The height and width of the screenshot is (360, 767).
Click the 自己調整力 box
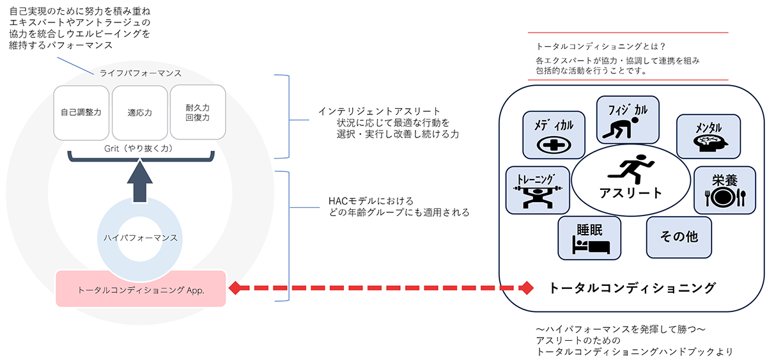(81, 113)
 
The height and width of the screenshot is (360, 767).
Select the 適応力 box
(139, 113)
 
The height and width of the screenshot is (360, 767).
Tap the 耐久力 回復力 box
(198, 113)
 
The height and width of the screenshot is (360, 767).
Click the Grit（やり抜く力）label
(139, 147)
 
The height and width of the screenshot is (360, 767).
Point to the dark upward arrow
(139, 183)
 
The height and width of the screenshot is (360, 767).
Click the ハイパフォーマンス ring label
(140, 237)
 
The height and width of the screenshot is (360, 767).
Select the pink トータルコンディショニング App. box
(141, 289)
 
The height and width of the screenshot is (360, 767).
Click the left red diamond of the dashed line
(235, 288)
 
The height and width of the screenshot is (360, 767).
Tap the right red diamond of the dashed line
(526, 288)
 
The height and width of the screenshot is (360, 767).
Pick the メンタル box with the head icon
(708, 136)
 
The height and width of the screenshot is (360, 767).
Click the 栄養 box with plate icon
(720, 190)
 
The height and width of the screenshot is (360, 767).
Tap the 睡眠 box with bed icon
(589, 237)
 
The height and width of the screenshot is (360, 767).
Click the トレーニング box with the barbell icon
(537, 190)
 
